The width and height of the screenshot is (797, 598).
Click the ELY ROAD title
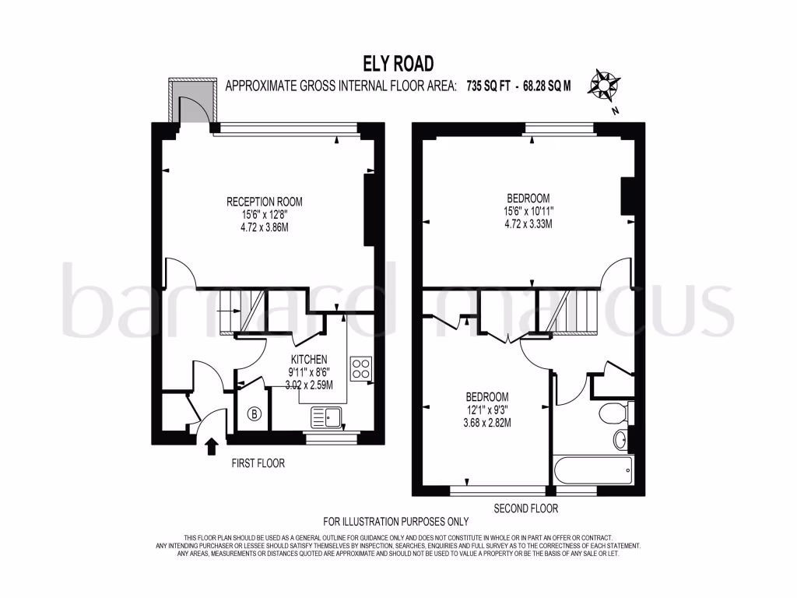[x=398, y=63]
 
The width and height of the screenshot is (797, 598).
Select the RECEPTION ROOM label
[x=265, y=202]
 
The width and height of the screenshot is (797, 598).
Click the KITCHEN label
[x=310, y=359]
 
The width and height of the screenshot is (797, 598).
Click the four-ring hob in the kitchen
[x=360, y=368]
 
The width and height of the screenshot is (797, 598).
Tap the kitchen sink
[x=327, y=417]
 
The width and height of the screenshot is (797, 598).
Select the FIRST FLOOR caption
[x=258, y=463]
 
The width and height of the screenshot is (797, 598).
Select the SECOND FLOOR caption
[x=526, y=508]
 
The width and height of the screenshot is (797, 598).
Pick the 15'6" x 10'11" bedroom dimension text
[x=528, y=210]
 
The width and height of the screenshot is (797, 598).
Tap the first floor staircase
[x=241, y=311]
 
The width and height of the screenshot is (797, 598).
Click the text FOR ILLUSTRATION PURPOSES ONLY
[x=396, y=522]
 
